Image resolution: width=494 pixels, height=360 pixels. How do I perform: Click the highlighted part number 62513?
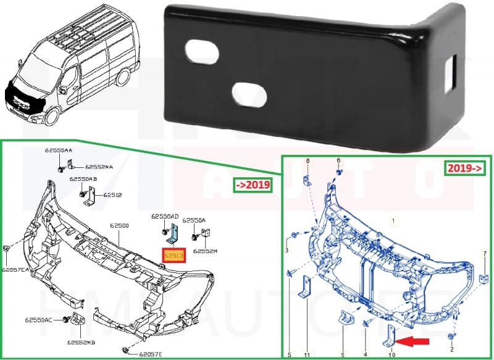coord(174,254)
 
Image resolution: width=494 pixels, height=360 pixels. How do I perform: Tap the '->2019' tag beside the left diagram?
coord(251,186)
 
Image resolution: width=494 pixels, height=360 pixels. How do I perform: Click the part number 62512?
coord(112,195)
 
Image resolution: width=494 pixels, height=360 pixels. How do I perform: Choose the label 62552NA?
coord(99,167)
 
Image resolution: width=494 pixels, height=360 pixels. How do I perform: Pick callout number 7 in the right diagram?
coord(485,254)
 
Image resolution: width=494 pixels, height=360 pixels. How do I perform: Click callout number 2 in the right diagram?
coord(452,350)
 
